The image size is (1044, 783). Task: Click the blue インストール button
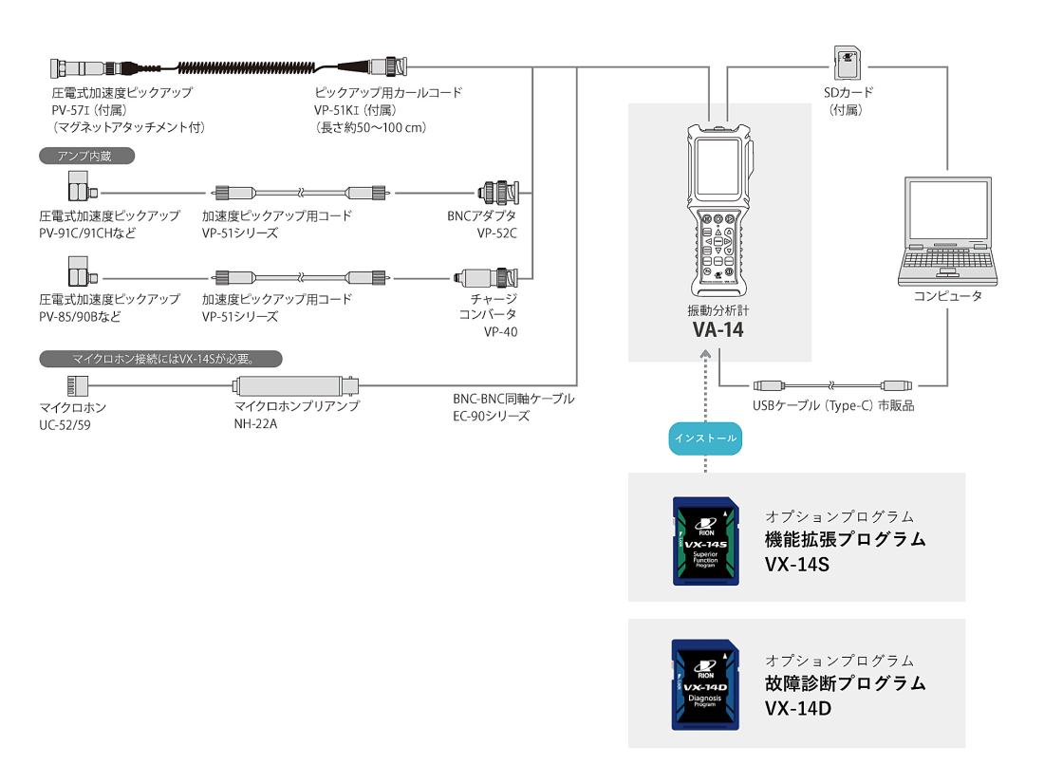point(705,438)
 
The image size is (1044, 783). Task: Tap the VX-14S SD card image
point(706,541)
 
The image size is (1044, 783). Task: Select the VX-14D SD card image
point(705,685)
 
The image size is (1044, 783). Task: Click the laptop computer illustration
point(947,231)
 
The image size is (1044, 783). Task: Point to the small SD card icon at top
point(847,63)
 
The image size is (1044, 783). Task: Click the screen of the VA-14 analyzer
point(718,166)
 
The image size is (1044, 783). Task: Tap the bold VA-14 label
point(718,329)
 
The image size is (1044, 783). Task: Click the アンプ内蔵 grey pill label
point(86,156)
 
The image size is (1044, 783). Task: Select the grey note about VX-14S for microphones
point(161,359)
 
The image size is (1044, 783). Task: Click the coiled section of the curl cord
point(247,67)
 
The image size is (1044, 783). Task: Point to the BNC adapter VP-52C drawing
point(498,193)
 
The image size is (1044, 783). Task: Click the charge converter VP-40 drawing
point(486,278)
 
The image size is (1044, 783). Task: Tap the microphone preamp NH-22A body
point(295,385)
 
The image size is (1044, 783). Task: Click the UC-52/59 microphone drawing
point(77,385)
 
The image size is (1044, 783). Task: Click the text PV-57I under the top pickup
point(70,110)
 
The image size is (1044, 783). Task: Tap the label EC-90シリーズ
point(492,416)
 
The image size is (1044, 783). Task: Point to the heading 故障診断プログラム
point(846,683)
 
